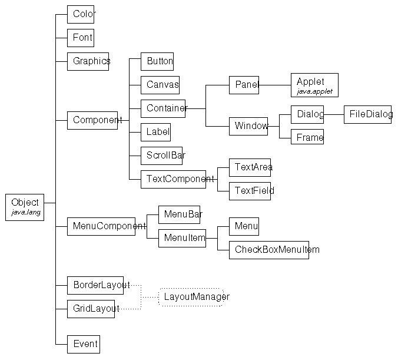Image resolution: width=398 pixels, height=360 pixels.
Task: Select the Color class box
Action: [x=81, y=14]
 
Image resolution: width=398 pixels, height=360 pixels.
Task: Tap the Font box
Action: [x=80, y=38]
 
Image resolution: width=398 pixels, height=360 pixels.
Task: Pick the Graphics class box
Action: [x=88, y=61]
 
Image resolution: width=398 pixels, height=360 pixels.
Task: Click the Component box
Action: [x=92, y=120]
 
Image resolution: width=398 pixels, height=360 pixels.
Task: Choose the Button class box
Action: [x=157, y=61]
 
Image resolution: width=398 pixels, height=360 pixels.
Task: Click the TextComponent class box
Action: [x=173, y=179]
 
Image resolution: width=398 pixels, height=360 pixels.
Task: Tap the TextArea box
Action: [x=250, y=167]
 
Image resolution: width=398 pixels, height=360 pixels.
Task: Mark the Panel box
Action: [x=244, y=85]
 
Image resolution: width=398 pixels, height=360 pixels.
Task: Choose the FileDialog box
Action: [x=367, y=114]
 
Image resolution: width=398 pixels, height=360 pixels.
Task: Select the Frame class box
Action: [x=307, y=137]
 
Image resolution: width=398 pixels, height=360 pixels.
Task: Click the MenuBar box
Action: [x=179, y=214]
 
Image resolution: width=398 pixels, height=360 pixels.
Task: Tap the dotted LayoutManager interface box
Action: [x=191, y=297]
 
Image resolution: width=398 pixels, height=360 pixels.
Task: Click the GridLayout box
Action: [x=91, y=309]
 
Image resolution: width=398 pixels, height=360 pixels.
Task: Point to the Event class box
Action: [x=82, y=344]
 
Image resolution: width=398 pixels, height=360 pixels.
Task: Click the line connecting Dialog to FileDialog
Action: [x=334, y=114]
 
